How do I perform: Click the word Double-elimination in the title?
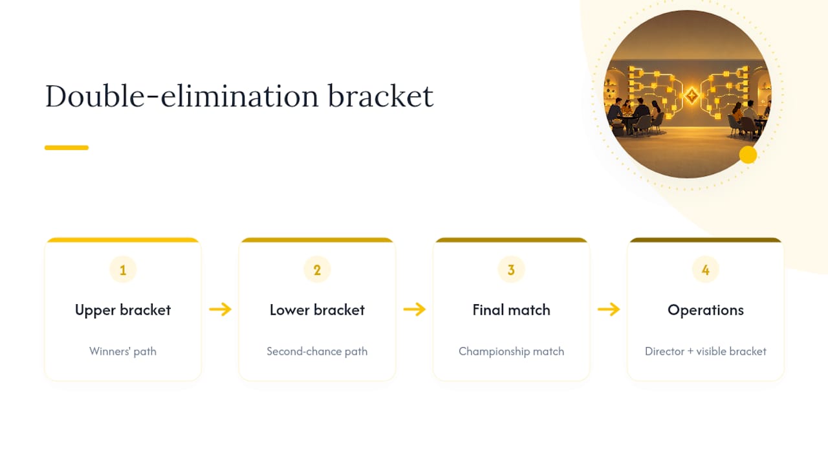[x=182, y=96]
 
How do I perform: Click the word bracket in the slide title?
[x=381, y=96]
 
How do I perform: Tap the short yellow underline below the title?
[x=67, y=148]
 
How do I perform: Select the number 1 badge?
[x=123, y=270]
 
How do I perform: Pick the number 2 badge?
[x=317, y=270]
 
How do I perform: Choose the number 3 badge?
[x=511, y=270]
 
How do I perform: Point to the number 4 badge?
[x=706, y=270]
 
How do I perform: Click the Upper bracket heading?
[x=123, y=310]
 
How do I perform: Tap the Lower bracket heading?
[x=317, y=310]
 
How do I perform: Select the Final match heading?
[x=511, y=310]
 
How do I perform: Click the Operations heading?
[x=706, y=310]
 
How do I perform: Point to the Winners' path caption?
[x=123, y=351]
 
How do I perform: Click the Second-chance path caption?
[x=317, y=351]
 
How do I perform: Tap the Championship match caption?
[x=511, y=351]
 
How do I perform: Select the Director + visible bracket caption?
[x=706, y=351]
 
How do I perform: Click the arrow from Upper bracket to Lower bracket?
[x=221, y=309]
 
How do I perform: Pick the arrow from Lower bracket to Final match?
[x=415, y=309]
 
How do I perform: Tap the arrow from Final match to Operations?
[x=609, y=309]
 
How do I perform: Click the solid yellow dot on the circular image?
[x=748, y=155]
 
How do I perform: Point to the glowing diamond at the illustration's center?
[x=692, y=96]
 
